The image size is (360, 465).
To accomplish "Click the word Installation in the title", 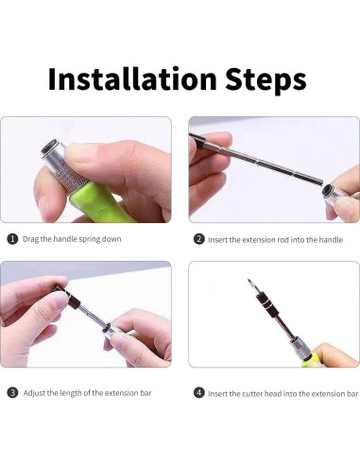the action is point(132,78).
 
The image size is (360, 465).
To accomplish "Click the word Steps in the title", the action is point(266,80).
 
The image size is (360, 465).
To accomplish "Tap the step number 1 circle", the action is point(12,239).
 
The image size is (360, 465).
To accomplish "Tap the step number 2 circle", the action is point(198,239).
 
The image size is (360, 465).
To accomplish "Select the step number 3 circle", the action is point(12,393).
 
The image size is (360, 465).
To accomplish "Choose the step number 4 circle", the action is point(198,393).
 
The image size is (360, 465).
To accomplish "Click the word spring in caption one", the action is point(90,239).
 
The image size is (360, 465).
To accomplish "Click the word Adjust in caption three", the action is point(34,393).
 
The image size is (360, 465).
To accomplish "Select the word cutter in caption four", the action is point(252,394).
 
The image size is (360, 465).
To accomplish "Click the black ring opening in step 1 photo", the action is point(51,146).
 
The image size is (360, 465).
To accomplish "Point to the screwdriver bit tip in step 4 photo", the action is point(249,281).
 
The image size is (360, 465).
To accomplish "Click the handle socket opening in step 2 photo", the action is point(329,191).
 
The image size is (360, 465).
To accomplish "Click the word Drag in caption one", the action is point(30,239).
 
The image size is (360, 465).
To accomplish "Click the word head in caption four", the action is point(273,394).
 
